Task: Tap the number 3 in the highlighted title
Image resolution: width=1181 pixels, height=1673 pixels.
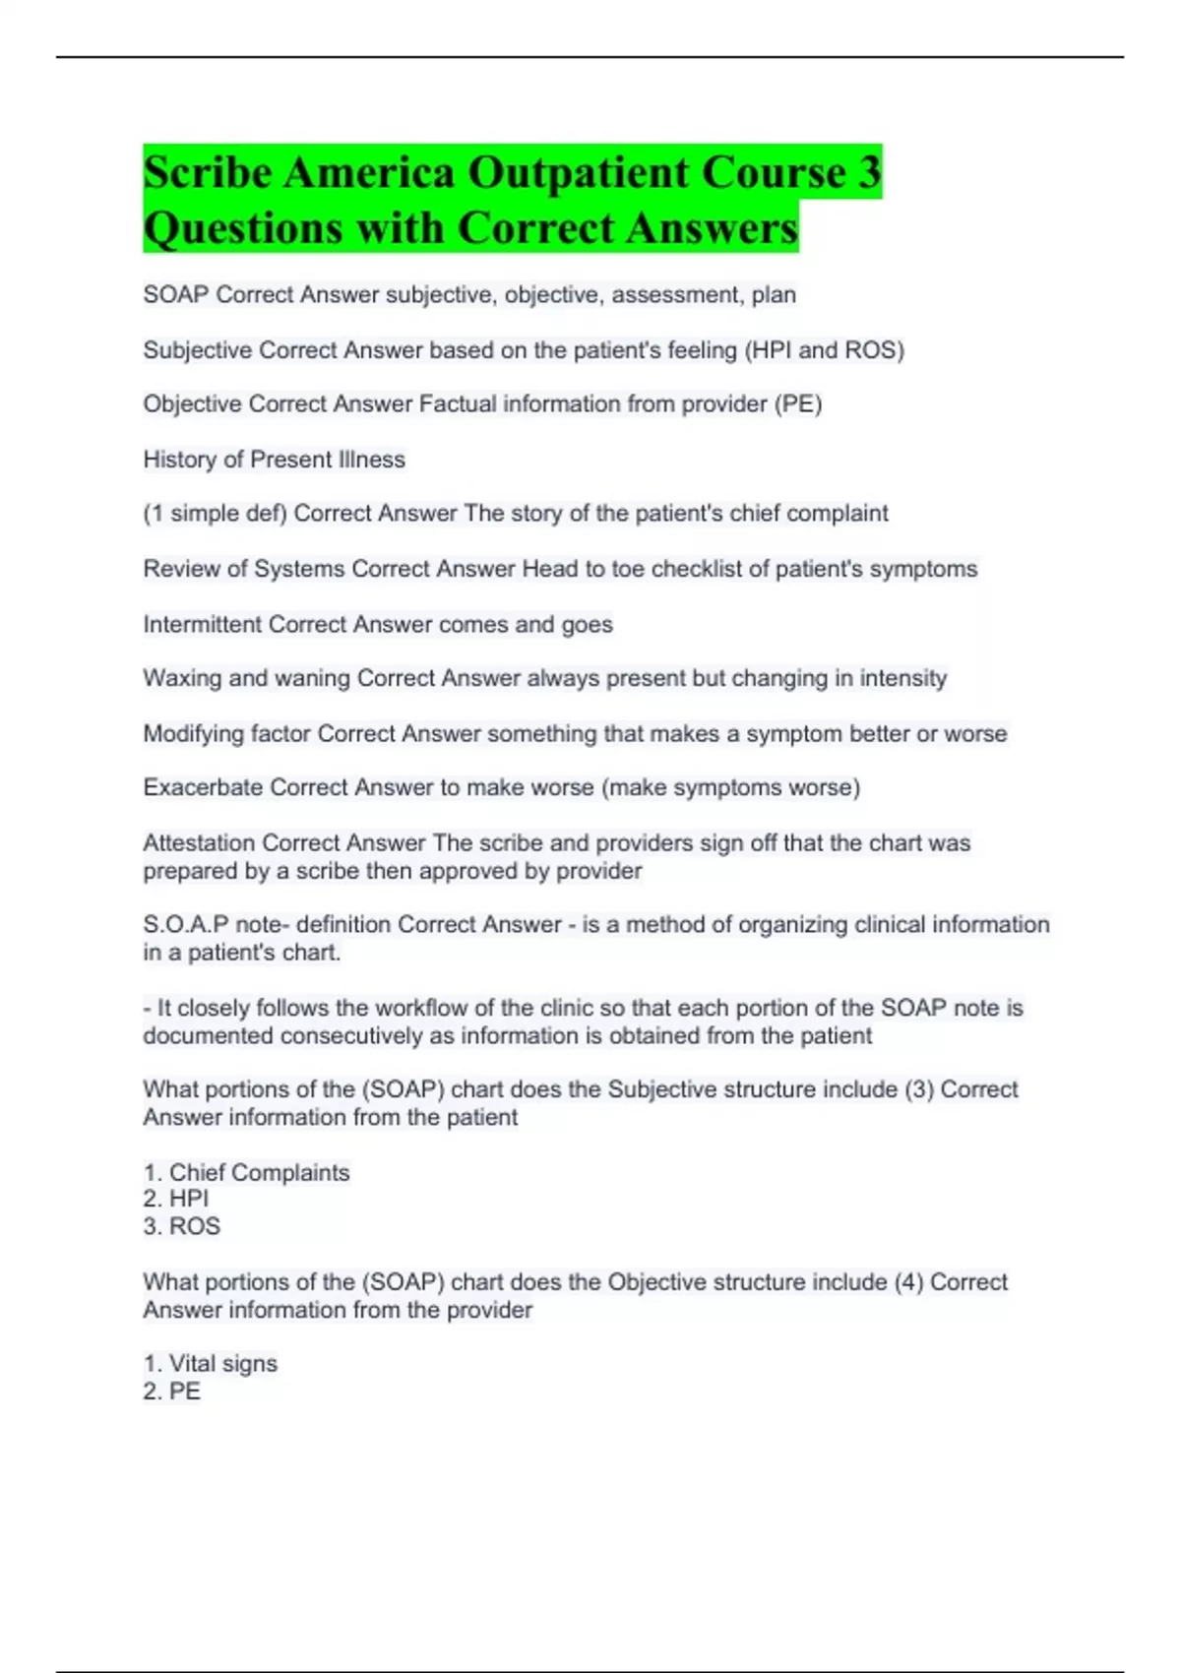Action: (868, 173)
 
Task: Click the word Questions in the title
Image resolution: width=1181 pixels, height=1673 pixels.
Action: (243, 228)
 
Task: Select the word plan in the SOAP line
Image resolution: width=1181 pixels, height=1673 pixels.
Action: (774, 295)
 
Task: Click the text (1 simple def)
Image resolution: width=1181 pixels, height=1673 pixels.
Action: (215, 514)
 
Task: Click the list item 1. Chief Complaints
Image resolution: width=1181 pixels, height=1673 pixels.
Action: (246, 1173)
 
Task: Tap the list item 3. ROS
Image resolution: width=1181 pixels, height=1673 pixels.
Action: (182, 1226)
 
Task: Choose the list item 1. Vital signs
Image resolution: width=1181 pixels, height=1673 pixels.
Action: (211, 1364)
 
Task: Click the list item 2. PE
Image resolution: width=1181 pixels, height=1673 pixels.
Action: (172, 1392)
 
